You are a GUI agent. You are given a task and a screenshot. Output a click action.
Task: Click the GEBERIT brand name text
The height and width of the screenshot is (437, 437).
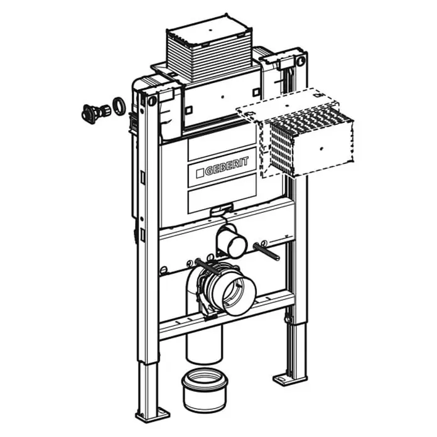[x=227, y=167]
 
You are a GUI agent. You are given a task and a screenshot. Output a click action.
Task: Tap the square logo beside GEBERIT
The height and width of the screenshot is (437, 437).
[x=200, y=173]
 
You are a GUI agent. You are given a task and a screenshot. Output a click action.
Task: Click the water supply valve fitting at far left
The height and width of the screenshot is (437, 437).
[x=97, y=112]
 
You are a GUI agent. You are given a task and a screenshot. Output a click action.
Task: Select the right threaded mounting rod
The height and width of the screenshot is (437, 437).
[x=266, y=251]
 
